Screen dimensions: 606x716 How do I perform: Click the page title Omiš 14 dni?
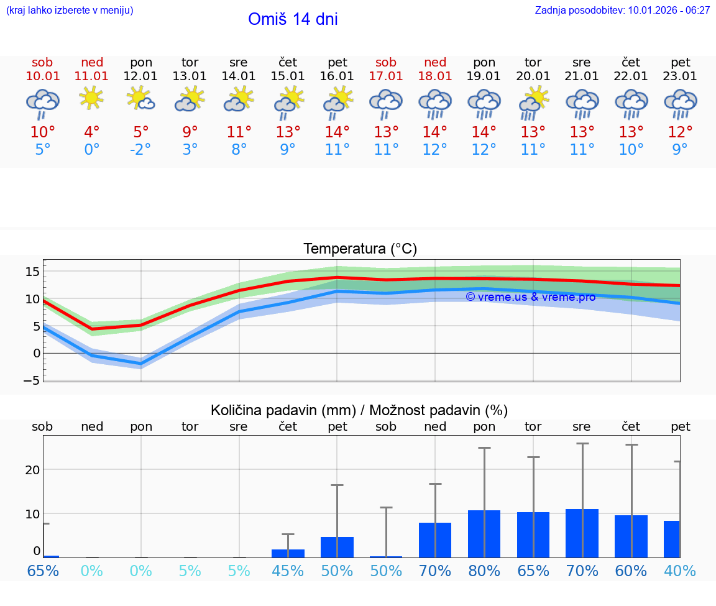(293, 19)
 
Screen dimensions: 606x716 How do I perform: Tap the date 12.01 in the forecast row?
(141, 76)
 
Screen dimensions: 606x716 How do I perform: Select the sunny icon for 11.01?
(92, 98)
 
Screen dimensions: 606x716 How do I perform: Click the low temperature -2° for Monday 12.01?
(140, 150)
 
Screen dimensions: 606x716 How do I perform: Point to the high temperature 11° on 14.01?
(239, 132)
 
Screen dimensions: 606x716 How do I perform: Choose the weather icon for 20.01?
(533, 102)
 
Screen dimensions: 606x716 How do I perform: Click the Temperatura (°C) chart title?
(360, 249)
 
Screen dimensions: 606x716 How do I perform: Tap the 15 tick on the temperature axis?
(32, 272)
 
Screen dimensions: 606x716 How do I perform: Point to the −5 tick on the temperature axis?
(32, 380)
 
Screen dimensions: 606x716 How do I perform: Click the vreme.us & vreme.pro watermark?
(530, 297)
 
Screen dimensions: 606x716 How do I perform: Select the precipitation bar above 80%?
(484, 534)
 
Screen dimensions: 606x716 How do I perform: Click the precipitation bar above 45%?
(288, 553)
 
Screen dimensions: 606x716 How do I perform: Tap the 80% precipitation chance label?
(484, 571)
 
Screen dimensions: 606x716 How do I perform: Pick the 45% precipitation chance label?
(288, 571)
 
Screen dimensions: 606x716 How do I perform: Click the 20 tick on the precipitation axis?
(32, 470)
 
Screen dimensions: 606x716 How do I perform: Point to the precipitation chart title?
(359, 410)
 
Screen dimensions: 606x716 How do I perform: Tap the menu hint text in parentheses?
(70, 10)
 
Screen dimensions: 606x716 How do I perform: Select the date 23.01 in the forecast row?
(680, 76)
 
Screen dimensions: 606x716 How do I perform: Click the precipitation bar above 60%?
(631, 536)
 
